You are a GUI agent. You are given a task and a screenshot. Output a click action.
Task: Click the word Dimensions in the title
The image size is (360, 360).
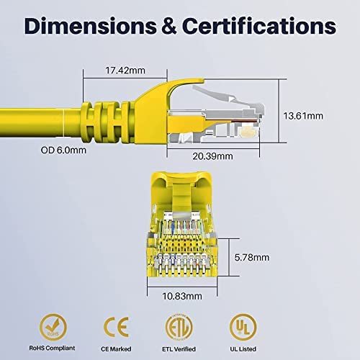91,26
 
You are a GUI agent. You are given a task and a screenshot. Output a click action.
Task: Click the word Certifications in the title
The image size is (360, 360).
259,26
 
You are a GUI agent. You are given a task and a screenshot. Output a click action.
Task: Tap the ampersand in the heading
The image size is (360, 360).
169,26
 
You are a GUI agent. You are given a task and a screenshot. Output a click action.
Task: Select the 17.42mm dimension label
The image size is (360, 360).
125,71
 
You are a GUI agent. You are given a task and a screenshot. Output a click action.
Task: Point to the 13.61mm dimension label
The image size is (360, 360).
303,116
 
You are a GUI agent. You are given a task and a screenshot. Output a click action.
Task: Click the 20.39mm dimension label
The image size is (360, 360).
212,156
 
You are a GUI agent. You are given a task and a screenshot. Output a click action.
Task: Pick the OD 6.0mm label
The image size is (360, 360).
63,150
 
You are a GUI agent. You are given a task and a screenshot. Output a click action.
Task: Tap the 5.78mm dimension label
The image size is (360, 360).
252,258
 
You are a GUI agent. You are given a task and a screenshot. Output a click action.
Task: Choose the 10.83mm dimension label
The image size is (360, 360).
182,296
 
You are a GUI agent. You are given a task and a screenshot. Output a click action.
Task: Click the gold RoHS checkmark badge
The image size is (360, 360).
53,327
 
